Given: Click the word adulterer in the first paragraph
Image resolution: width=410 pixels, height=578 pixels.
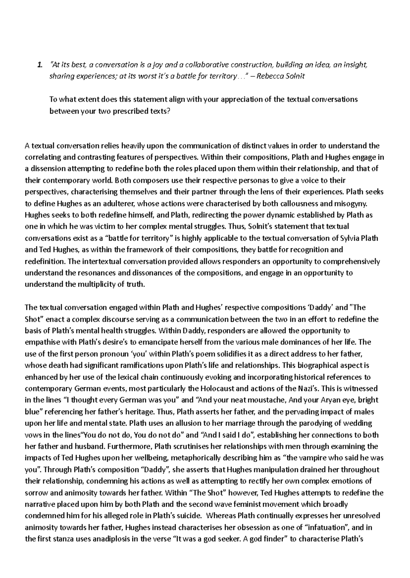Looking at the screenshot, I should [118, 204].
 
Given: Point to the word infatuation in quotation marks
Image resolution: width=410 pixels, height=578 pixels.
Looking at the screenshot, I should [327, 528].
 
